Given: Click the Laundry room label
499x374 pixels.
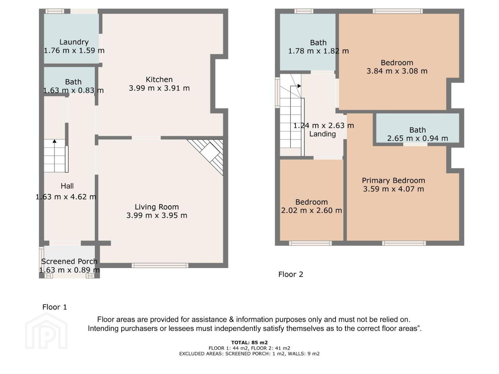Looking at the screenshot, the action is pyautogui.click(x=74, y=42).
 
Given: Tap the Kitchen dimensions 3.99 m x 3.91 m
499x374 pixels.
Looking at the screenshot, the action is pyautogui.click(x=159, y=88).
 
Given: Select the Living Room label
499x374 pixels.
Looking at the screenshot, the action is pyautogui.click(x=157, y=207).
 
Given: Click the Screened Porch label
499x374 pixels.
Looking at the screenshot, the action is pyautogui.click(x=69, y=261).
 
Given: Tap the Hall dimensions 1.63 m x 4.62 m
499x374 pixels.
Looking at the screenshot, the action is pyautogui.click(x=66, y=197).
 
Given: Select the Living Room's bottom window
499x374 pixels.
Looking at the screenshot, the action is pyautogui.click(x=160, y=265).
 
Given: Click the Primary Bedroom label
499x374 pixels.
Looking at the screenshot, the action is pyautogui.click(x=393, y=180).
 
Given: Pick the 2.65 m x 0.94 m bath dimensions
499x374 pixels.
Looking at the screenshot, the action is pyautogui.click(x=417, y=138).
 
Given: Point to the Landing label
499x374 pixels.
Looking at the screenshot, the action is pyautogui.click(x=322, y=134).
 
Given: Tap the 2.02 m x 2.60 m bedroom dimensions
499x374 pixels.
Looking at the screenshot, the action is pyautogui.click(x=312, y=211).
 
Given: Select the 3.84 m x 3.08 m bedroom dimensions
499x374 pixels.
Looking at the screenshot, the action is pyautogui.click(x=397, y=71).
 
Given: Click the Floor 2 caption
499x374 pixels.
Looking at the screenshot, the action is pyautogui.click(x=291, y=274).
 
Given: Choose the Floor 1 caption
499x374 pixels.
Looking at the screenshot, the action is pyautogui.click(x=54, y=307).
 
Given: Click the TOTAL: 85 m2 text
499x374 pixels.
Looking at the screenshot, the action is pyautogui.click(x=249, y=342).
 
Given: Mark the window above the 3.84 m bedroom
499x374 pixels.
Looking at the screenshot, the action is pyautogui.click(x=397, y=11).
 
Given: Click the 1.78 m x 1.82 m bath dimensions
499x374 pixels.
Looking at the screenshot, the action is pyautogui.click(x=318, y=51).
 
